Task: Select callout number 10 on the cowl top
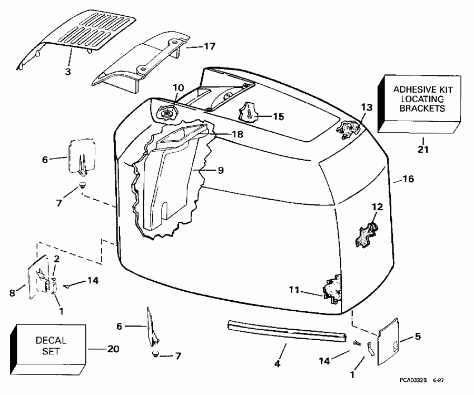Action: (177, 87)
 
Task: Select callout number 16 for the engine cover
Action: (408, 179)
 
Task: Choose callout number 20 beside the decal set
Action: (113, 349)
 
